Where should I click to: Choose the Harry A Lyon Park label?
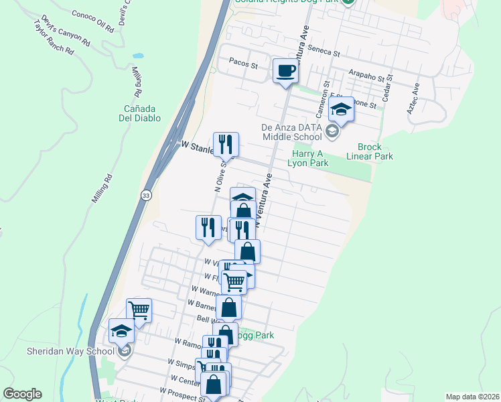click(x=308, y=158)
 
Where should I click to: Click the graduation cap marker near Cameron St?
click(x=342, y=110)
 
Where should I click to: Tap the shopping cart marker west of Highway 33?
click(x=139, y=310)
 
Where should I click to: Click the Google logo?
click(x=22, y=394)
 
